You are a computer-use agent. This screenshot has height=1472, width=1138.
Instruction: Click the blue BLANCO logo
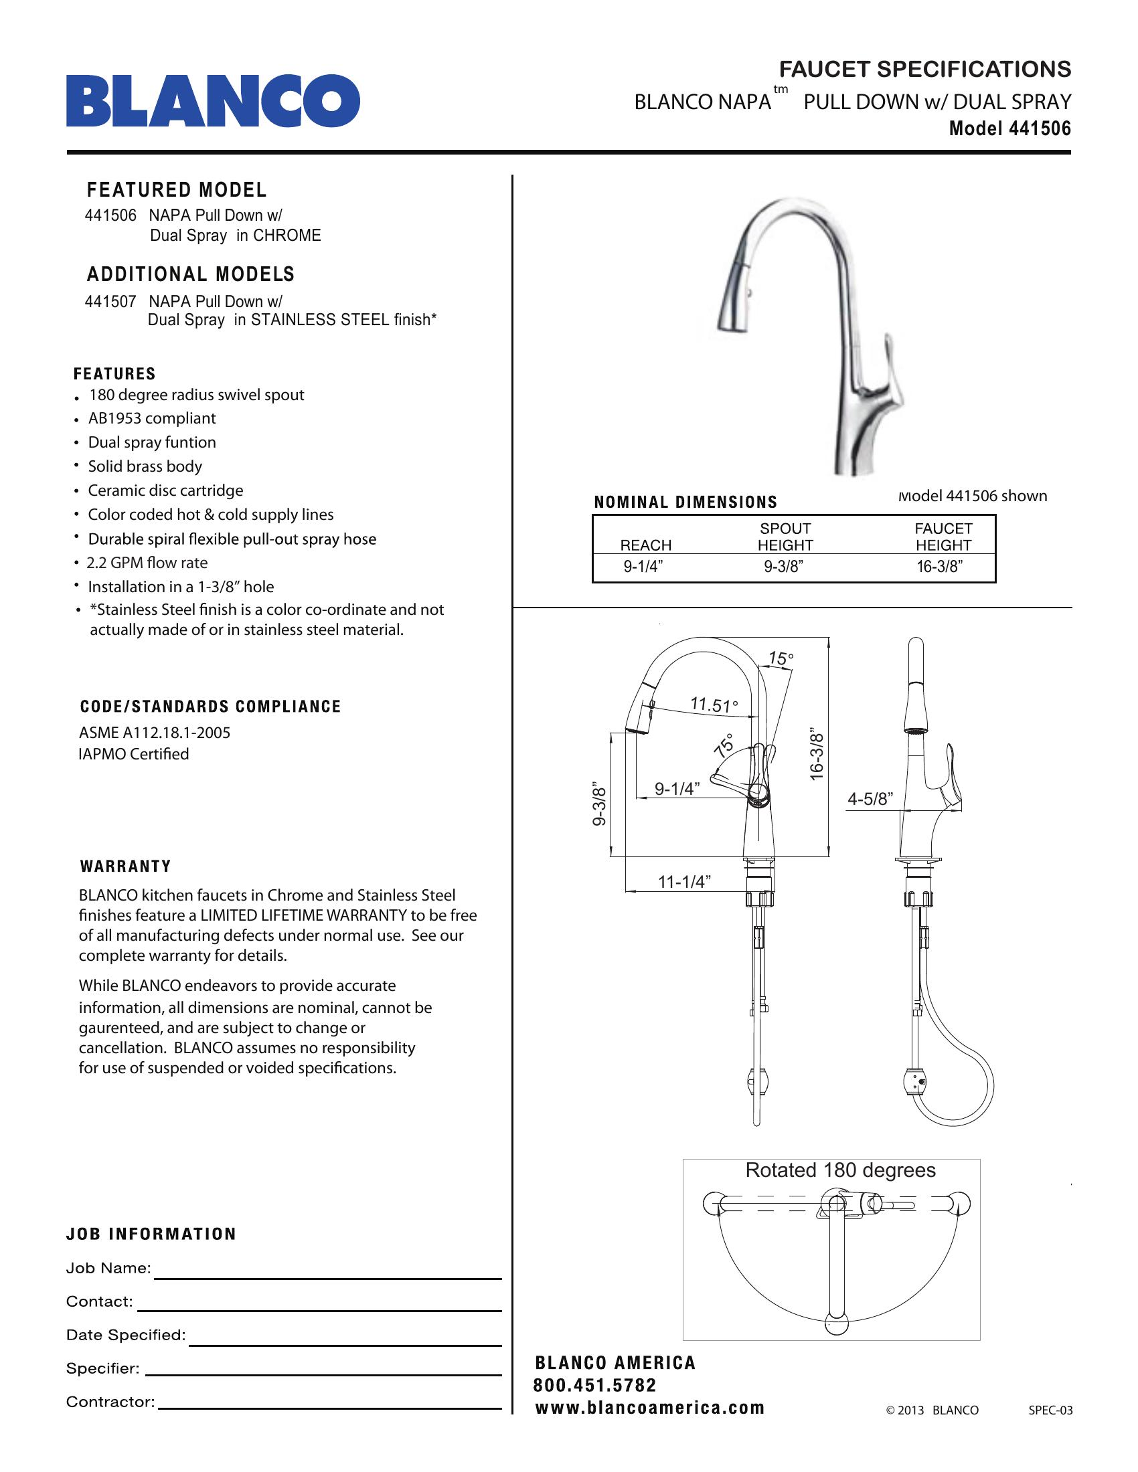212,101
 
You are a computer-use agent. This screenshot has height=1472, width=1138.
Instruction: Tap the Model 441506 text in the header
1009,128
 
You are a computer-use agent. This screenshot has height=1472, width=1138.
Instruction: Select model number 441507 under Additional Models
110,301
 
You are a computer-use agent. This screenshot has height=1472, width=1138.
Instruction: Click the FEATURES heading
114,374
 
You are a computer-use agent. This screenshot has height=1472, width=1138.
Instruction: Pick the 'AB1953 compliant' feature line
152,419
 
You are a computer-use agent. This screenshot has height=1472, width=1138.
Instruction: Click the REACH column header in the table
645,545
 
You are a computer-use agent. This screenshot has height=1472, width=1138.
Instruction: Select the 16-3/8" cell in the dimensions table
939,567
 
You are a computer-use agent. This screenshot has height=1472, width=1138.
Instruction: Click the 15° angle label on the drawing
781,658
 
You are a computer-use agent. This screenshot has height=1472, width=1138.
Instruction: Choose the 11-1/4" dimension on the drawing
684,882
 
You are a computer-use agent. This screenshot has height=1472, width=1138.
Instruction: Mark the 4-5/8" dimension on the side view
870,800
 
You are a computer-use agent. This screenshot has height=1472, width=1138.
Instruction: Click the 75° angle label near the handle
725,745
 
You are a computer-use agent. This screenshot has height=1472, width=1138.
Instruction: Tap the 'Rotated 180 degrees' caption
840,1170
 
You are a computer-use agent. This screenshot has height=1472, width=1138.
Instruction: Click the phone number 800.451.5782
594,1386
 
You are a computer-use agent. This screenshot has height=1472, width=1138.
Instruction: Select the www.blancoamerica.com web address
650,1408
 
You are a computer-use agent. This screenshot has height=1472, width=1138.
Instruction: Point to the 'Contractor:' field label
110,1402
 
